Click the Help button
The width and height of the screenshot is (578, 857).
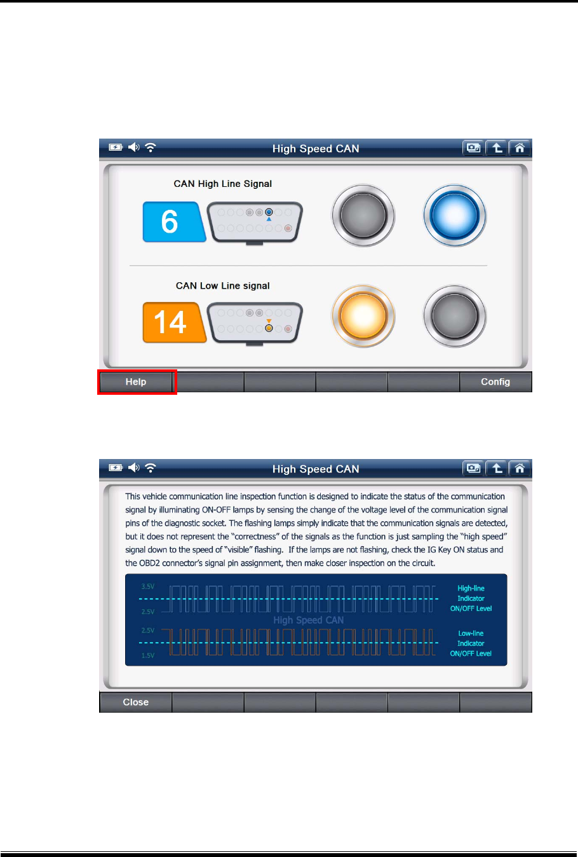point(136,382)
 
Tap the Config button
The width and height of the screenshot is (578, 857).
point(495,382)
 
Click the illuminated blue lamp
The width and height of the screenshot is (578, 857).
point(455,216)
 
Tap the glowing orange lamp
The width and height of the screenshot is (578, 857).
point(363,316)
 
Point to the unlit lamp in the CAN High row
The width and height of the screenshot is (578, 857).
point(363,216)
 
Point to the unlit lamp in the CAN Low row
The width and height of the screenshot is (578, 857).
point(455,316)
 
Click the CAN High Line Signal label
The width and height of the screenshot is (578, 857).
point(223,184)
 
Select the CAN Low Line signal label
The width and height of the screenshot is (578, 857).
point(223,286)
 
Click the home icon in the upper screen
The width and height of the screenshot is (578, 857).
point(520,148)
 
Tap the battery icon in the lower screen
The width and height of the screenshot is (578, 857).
point(115,468)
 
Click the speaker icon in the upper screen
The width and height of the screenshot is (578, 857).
point(133,147)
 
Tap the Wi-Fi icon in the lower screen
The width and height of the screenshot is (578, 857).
point(151,468)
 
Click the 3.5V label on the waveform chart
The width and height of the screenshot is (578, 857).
point(148,587)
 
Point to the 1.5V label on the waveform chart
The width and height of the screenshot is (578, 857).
point(148,655)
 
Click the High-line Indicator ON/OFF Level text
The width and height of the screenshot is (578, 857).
point(471,599)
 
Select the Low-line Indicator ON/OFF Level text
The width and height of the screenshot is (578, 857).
point(471,643)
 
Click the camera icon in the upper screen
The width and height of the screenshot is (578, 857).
point(473,148)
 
